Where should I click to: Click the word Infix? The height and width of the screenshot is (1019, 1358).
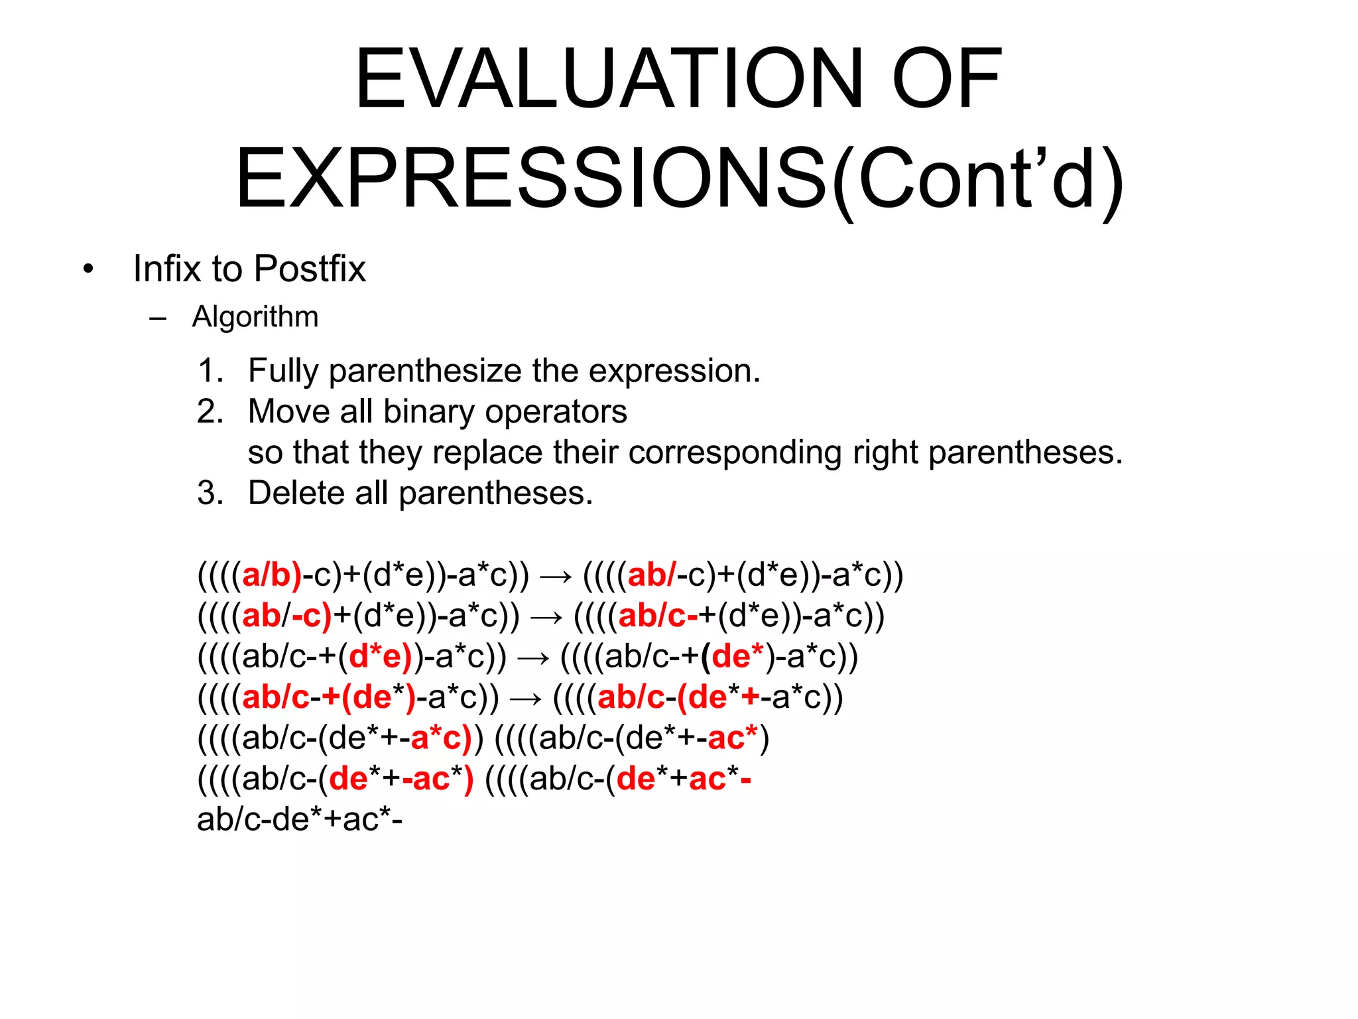point(166,269)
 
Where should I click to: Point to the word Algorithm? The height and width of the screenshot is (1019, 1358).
point(255,316)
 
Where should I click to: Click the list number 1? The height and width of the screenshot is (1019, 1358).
point(210,370)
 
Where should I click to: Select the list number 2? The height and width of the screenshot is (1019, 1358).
point(210,411)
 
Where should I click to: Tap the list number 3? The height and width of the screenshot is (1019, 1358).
point(210,493)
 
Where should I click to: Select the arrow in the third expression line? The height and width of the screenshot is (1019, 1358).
point(533,657)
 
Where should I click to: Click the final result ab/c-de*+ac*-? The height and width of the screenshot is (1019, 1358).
point(300,819)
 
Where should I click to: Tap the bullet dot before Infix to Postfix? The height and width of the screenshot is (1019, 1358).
point(88,269)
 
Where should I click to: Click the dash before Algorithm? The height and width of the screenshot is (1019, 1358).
point(158,318)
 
